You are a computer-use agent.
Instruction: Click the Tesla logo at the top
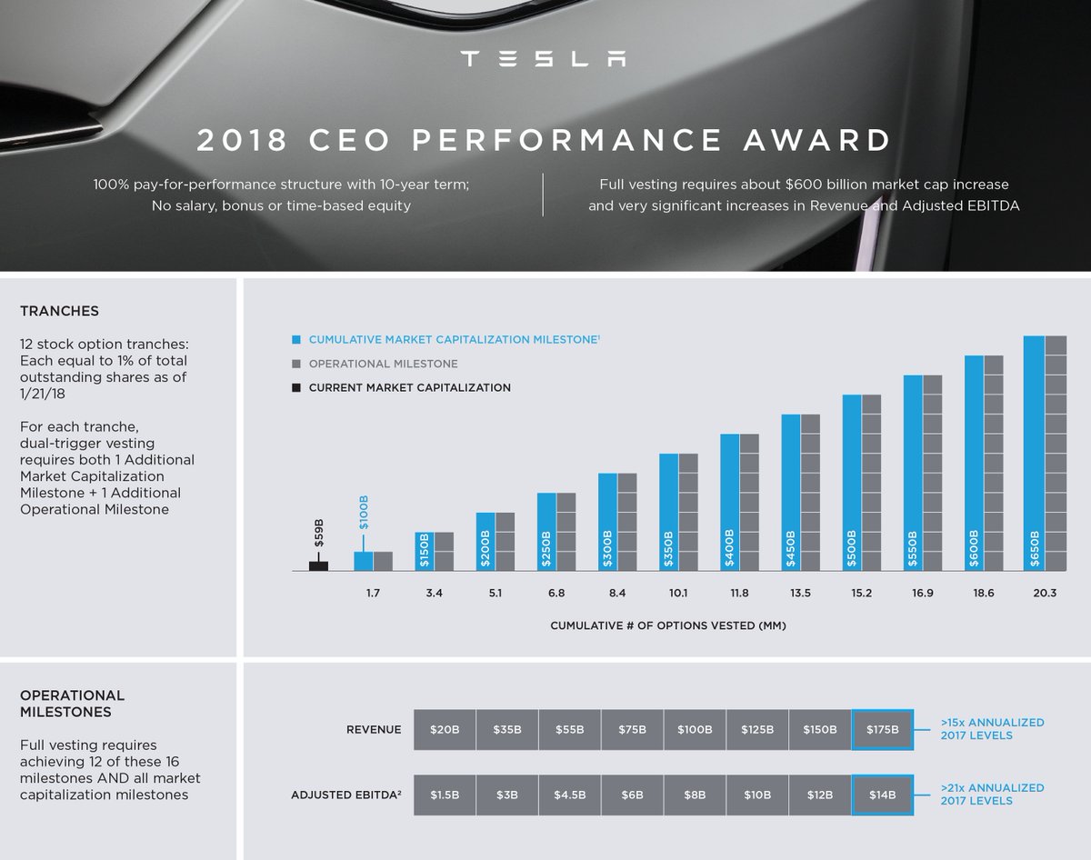coord(543,59)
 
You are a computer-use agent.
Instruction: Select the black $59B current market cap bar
coord(318,565)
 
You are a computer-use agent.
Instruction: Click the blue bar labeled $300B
coord(607,522)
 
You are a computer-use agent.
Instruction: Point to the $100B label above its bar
coord(363,513)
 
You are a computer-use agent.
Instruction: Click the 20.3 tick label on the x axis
coord(1044,595)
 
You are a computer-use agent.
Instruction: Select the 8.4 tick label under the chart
coord(616,595)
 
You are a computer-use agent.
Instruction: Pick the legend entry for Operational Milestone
coord(383,364)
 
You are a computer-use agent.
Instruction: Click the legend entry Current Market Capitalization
coord(409,387)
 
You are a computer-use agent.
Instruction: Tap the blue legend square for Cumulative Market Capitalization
coord(296,340)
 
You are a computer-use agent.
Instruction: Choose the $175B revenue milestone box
coord(882,730)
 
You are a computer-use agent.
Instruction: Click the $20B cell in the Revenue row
coord(445,730)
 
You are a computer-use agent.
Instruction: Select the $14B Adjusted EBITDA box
coord(882,795)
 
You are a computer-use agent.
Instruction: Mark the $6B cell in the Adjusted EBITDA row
coord(632,795)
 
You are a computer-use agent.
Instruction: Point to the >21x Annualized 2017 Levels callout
coord(992,794)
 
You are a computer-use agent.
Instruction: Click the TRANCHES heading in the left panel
coord(59,311)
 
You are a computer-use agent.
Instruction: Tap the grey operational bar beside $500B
coord(871,482)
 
